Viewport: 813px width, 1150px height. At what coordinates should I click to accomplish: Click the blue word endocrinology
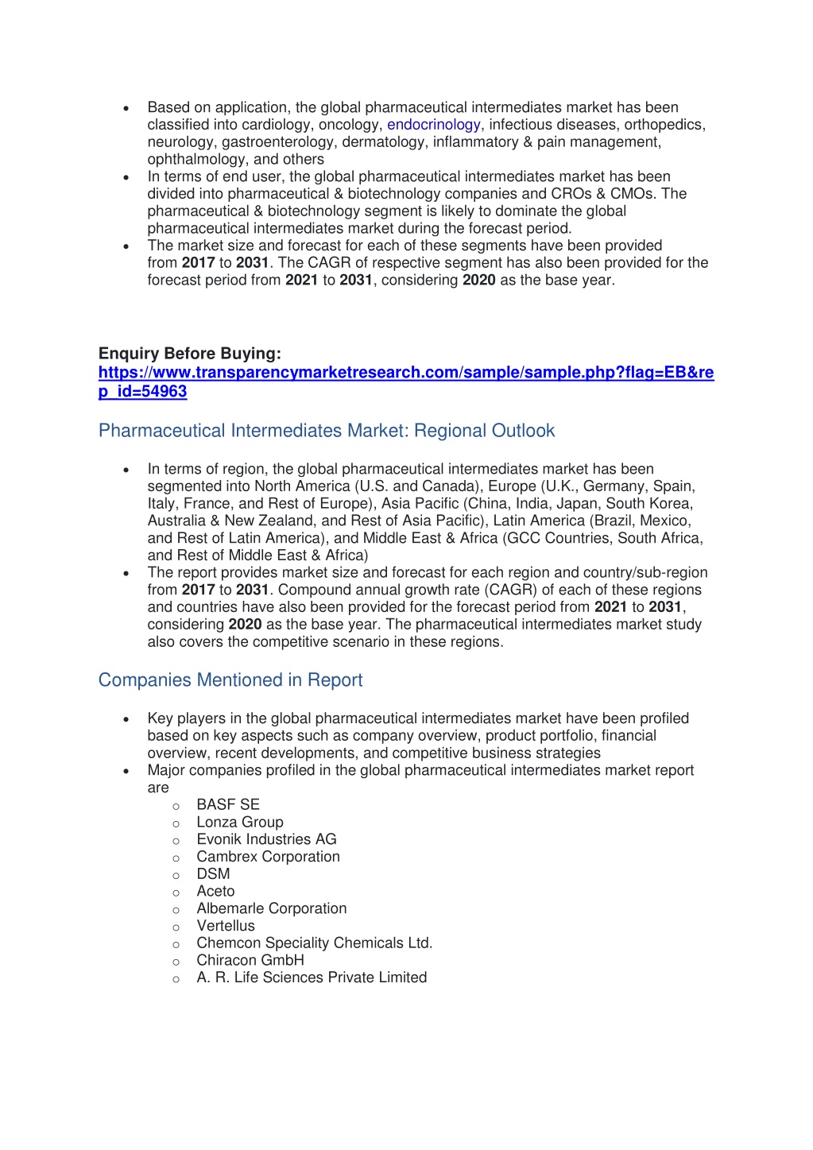click(x=433, y=125)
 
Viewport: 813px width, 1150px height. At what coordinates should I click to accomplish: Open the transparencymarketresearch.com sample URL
click(x=405, y=373)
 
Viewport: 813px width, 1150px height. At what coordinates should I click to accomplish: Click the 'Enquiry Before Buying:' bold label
click(x=190, y=354)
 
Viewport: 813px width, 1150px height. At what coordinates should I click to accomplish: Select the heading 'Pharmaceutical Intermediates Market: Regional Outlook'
click(x=327, y=431)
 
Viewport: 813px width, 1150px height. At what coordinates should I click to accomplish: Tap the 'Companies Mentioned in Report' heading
click(x=230, y=680)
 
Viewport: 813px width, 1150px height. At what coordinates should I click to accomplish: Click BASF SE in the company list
click(x=228, y=805)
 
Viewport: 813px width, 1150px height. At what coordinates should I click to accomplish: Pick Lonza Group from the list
click(x=240, y=823)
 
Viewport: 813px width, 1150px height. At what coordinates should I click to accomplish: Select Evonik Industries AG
click(x=266, y=840)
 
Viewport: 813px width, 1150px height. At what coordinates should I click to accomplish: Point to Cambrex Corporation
click(x=268, y=857)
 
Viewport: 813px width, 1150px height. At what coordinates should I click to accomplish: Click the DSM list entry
click(x=213, y=874)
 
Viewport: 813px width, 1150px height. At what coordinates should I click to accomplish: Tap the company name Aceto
click(x=215, y=892)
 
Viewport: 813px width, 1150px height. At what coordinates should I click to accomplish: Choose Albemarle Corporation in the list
click(x=272, y=909)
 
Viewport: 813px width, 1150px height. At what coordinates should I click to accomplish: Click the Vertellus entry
click(x=226, y=927)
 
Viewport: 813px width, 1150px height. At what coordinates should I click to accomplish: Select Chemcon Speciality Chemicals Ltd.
click(x=315, y=943)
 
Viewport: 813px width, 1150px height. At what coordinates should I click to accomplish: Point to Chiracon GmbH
click(x=250, y=961)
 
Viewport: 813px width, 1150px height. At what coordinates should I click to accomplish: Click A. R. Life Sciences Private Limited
click(x=312, y=978)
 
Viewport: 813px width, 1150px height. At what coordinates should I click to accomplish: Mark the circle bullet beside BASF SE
click(x=176, y=806)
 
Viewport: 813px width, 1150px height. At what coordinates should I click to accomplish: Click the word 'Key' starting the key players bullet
click(x=160, y=718)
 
